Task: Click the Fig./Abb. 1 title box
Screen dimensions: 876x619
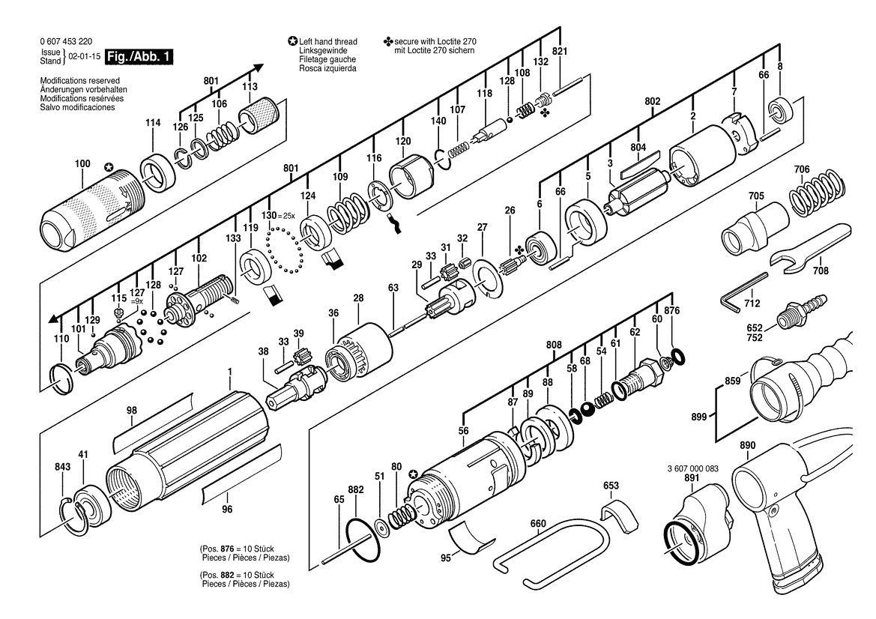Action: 139,56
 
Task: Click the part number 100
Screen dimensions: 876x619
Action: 82,163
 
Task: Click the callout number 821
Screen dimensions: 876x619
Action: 559,52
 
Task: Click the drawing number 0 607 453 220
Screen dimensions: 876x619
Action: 67,41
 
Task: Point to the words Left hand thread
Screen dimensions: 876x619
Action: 328,41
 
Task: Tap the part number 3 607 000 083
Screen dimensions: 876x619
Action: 692,468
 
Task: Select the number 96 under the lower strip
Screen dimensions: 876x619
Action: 227,509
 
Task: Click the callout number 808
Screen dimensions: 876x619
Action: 554,345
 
